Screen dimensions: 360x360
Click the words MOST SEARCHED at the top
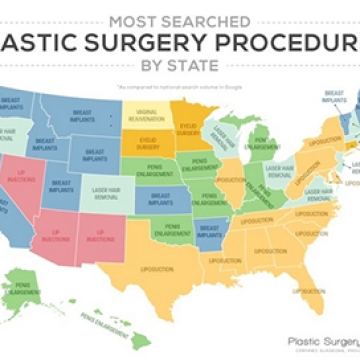(x=179, y=19)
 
